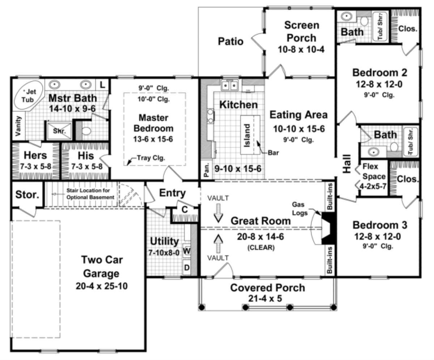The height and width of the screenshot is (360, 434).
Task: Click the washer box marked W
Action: pyautogui.click(x=187, y=250)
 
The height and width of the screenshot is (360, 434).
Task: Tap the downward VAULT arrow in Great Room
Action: pyautogui.click(x=218, y=213)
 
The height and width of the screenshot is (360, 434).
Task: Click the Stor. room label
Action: pyautogui.click(x=27, y=195)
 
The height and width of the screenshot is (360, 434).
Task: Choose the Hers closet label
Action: pyautogui.click(x=35, y=155)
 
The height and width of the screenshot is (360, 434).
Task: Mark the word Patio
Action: pyautogui.click(x=230, y=41)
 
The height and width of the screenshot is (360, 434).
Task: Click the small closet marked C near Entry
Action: pyautogui.click(x=184, y=209)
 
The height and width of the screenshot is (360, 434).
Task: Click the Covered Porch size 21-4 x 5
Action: pyautogui.click(x=267, y=299)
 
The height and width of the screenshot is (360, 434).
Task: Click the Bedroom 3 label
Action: pyautogui.click(x=380, y=225)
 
